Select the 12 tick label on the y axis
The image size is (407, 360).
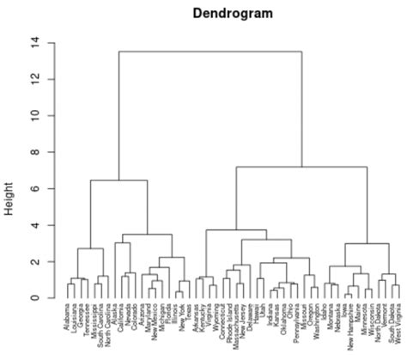point(34,79)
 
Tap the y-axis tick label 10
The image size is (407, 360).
point(34,115)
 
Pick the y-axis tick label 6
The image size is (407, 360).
point(34,189)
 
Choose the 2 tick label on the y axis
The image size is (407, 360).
point(34,262)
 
